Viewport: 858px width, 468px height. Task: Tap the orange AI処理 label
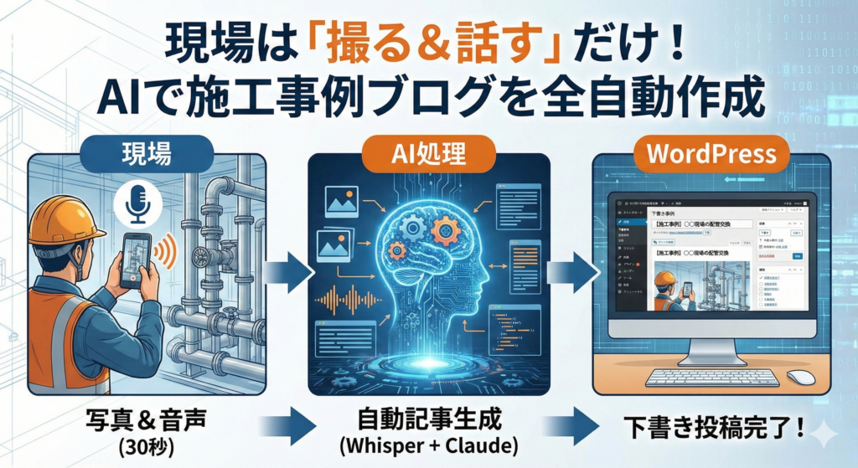pos(428,152)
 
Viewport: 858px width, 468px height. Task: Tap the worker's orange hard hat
pos(65,219)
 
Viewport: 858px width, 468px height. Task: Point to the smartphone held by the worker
pos(135,259)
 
